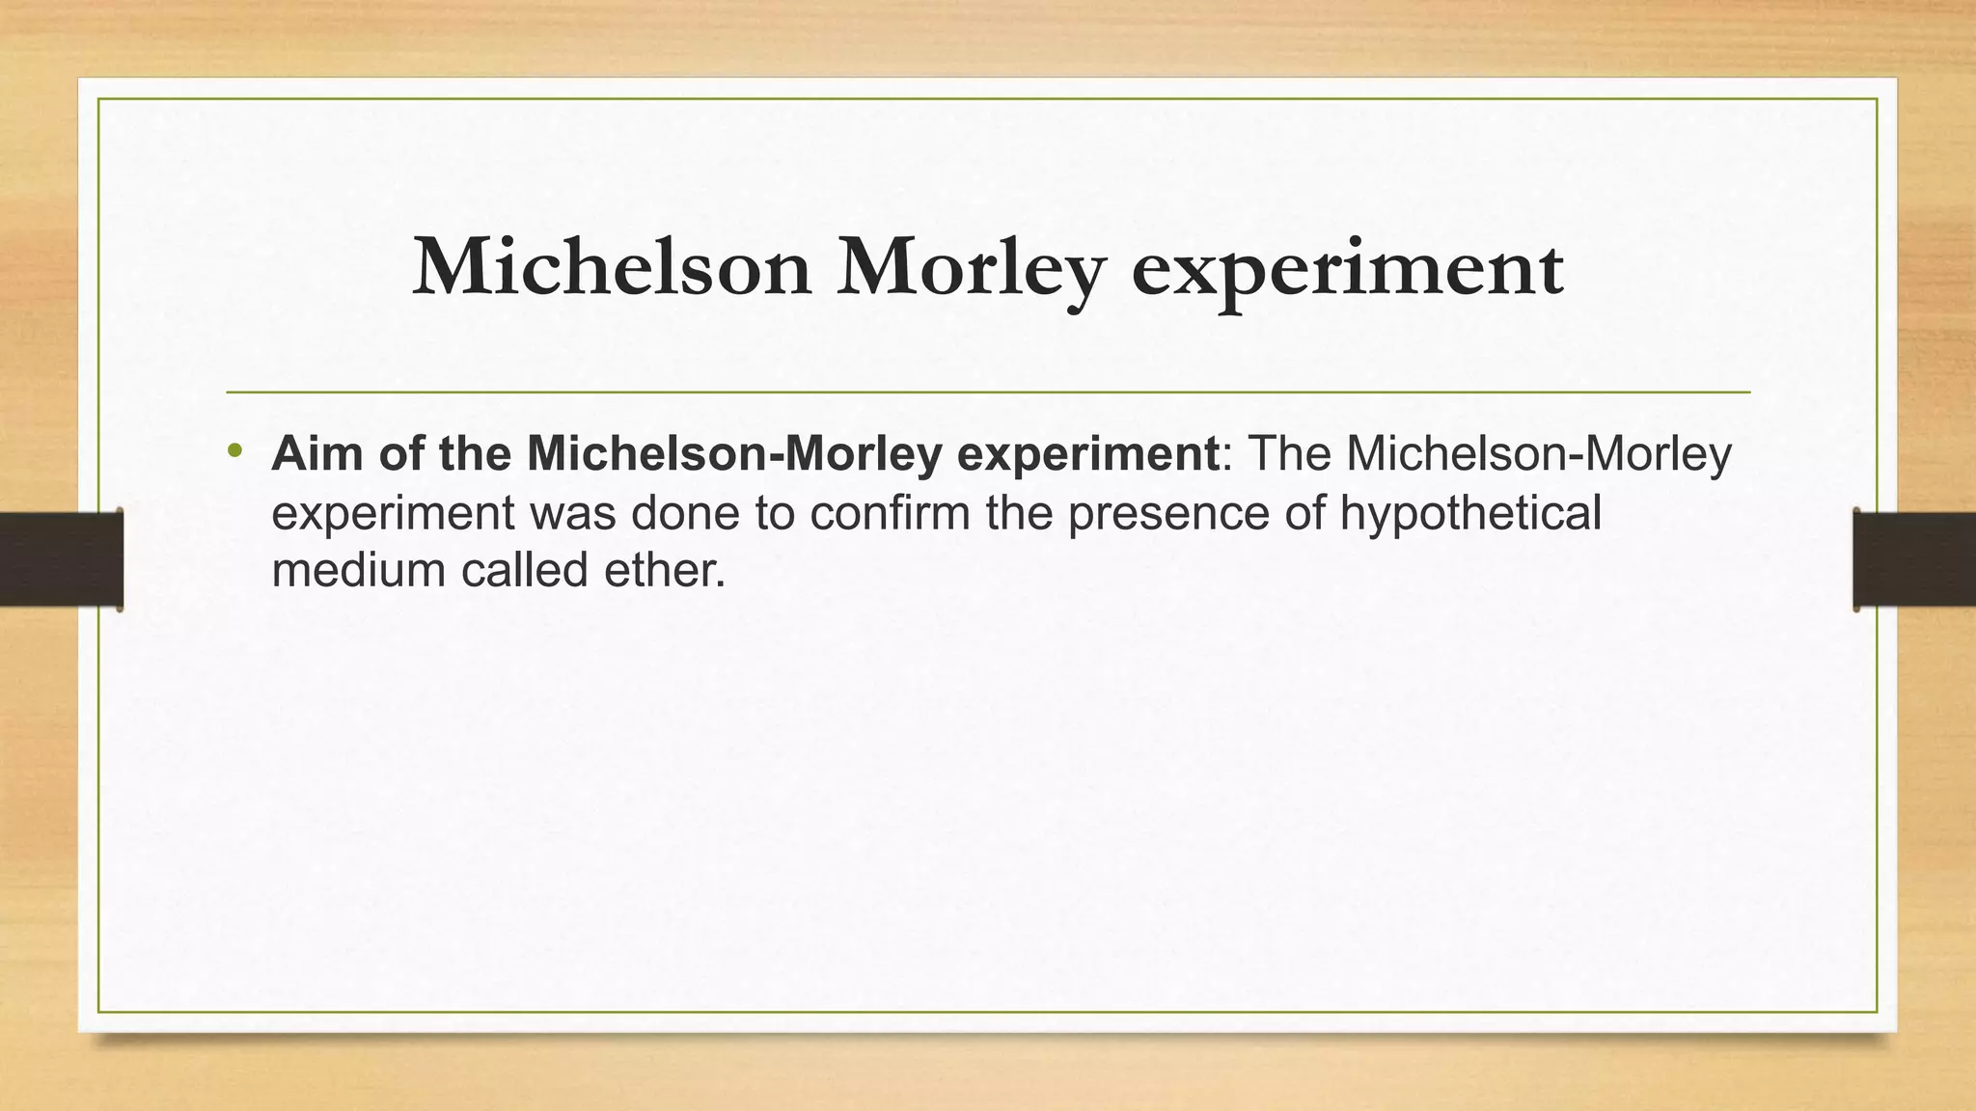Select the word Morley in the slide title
coord(970,268)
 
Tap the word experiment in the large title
coord(1347,268)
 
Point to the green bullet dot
coord(233,450)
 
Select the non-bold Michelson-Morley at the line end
coord(1539,454)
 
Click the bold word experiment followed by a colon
coord(1087,455)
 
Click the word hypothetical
coord(1469,513)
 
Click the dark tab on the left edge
coord(61,559)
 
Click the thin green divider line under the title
coord(988,393)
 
